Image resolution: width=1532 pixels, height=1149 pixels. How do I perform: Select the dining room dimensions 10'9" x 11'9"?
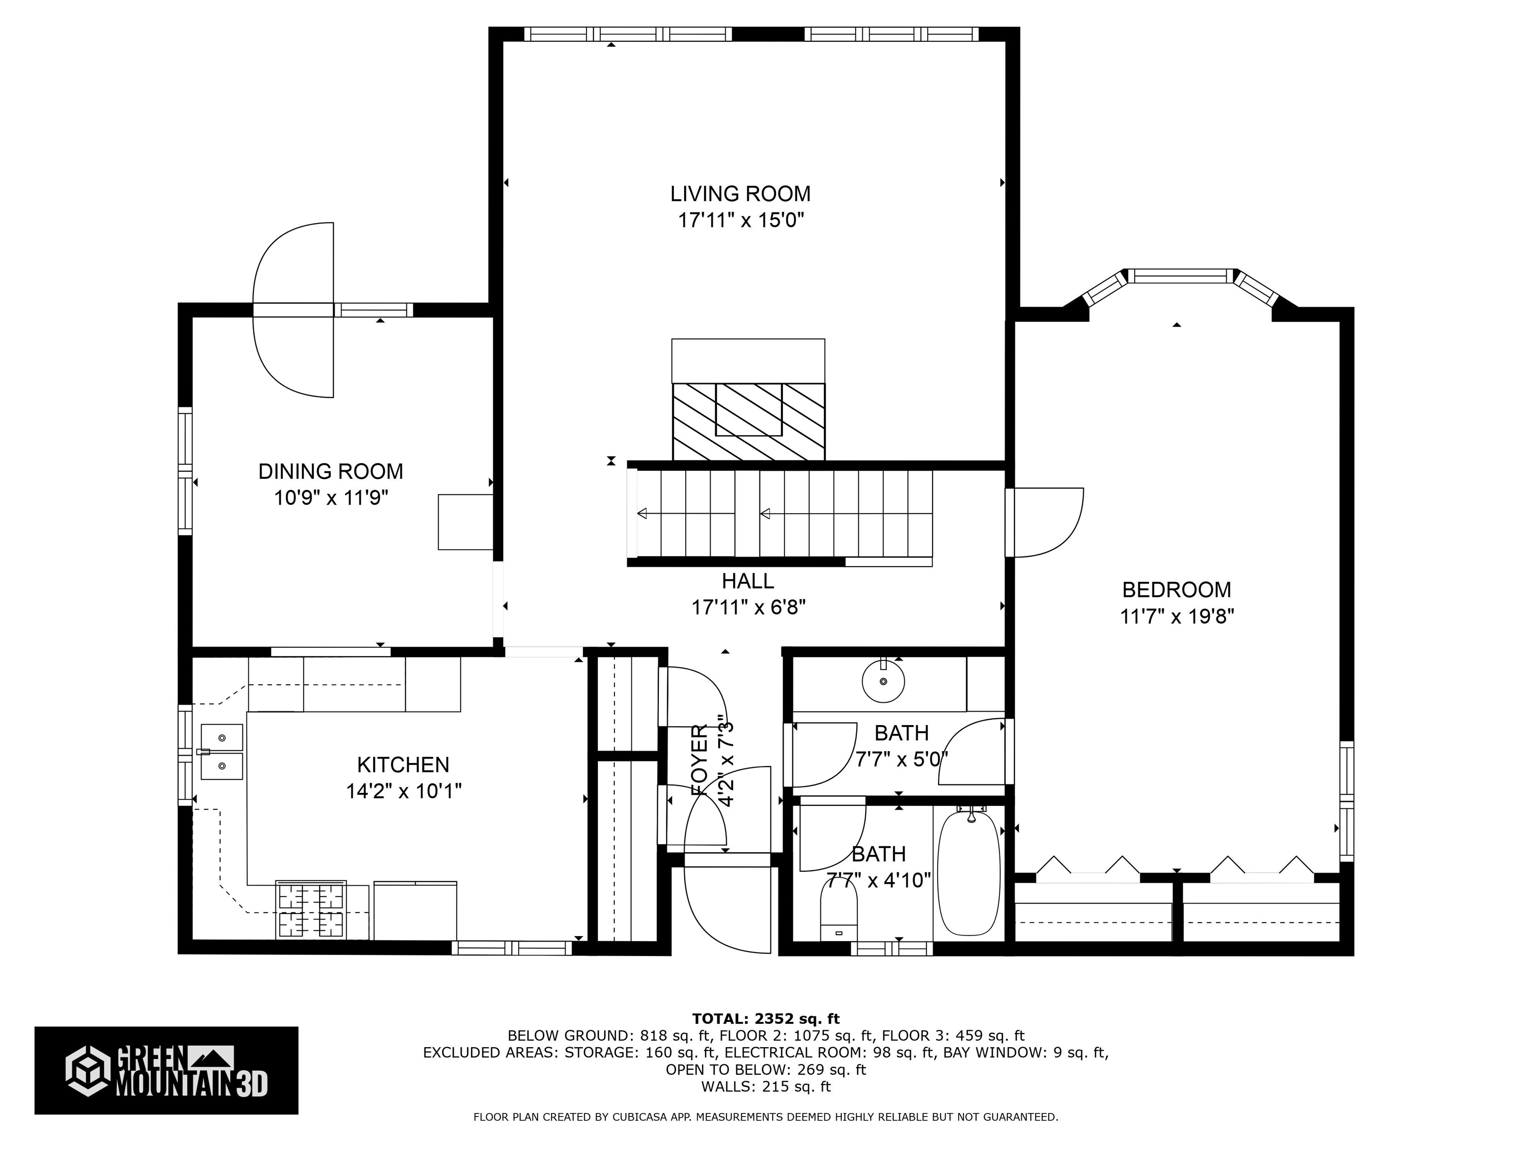click(x=331, y=498)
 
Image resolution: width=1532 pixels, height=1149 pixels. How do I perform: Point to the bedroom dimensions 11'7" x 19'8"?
click(x=1177, y=616)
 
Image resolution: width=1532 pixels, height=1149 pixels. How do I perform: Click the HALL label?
click(x=748, y=580)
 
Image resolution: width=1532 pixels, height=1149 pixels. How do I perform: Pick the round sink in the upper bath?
click(x=883, y=682)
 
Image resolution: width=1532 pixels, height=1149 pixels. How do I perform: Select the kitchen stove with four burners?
click(x=311, y=910)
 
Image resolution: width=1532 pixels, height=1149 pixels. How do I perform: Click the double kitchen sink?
click(x=221, y=752)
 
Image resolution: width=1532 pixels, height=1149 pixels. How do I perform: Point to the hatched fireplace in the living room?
click(x=748, y=421)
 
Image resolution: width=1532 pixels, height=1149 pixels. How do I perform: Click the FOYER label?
click(x=700, y=760)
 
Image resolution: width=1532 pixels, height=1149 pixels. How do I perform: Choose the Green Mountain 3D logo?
click(x=166, y=1070)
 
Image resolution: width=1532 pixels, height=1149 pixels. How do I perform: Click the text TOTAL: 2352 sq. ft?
click(x=766, y=1019)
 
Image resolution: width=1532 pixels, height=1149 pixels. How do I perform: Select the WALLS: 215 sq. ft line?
click(x=766, y=1087)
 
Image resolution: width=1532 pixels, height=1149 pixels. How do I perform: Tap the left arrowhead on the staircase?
click(x=642, y=513)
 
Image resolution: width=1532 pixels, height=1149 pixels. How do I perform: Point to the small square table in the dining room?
click(x=465, y=522)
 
